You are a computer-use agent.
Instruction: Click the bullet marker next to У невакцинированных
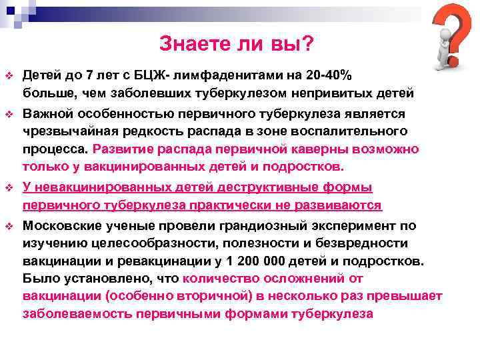[9, 188]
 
